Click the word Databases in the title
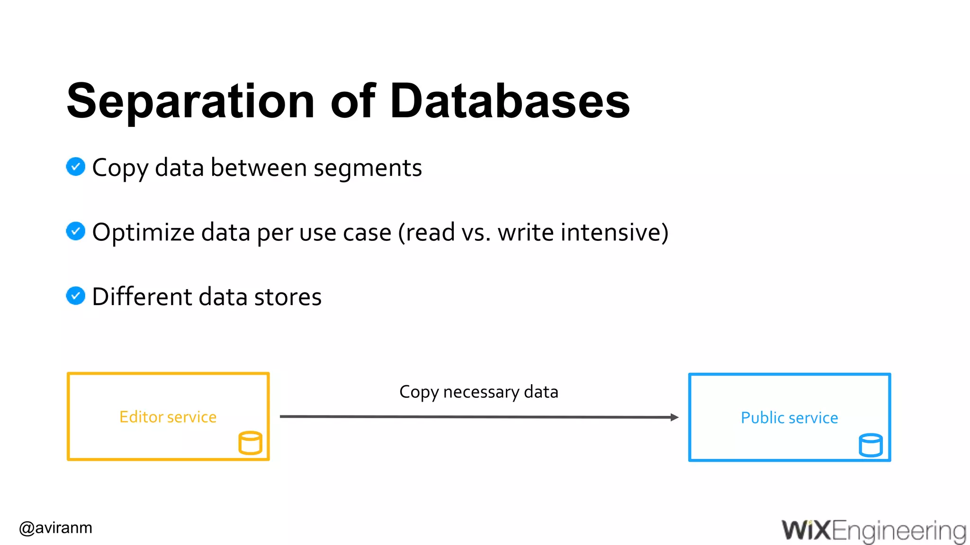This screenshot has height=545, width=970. point(510,101)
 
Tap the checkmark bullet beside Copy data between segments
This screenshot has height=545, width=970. point(76,167)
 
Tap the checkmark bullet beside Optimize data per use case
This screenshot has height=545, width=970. point(76,231)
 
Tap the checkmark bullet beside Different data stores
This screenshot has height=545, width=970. point(76,296)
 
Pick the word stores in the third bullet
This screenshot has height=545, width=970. point(288,297)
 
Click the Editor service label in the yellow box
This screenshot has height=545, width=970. point(168,417)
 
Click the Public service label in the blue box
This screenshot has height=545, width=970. point(789,418)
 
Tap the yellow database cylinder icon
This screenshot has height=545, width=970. point(250,443)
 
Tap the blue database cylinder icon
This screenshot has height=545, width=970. point(871,445)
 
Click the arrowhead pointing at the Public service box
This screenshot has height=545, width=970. point(674,417)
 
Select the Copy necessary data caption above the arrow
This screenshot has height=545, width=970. point(478,392)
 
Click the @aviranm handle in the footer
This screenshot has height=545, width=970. point(56,527)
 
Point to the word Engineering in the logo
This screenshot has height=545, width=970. point(898,531)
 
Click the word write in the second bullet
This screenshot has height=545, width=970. point(526,232)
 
